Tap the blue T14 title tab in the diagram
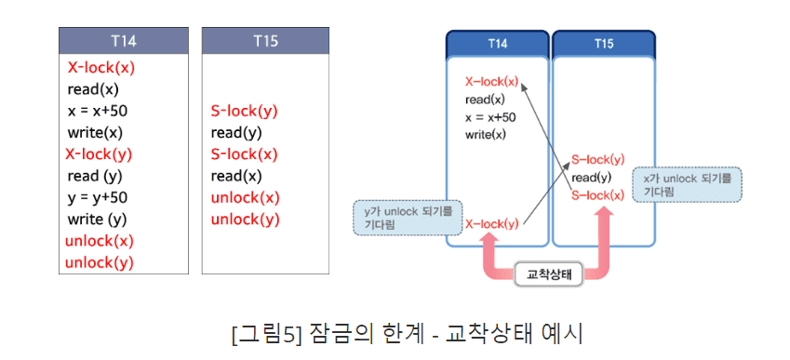tap(497, 44)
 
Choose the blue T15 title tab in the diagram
tap(603, 44)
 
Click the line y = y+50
tap(98, 197)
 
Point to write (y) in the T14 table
tap(97, 220)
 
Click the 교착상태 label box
tap(547, 273)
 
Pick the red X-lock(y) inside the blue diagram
tap(491, 223)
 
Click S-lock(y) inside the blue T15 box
tap(597, 160)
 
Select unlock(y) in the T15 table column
tap(245, 220)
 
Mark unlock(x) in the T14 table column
tap(100, 241)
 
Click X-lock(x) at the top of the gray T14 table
tap(101, 68)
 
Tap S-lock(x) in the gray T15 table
tap(244, 153)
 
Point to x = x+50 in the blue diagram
tap(490, 117)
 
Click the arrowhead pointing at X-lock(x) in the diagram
tap(523, 85)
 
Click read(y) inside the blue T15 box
tap(591, 178)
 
